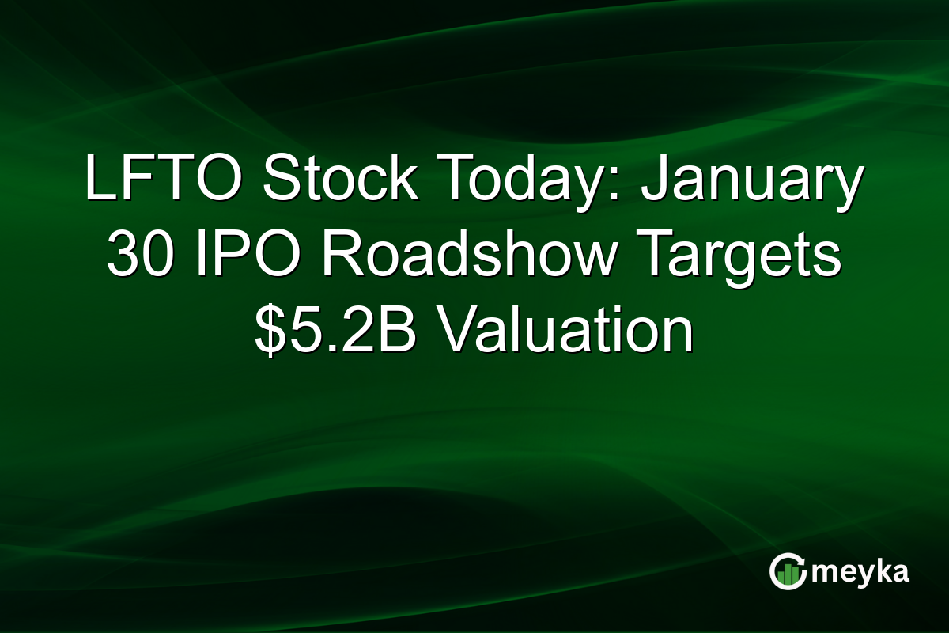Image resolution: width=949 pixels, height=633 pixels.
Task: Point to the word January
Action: pos(751,181)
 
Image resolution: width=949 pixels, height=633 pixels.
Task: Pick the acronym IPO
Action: pos(237,256)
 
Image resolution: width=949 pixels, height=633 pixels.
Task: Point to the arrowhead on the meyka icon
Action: pos(801,563)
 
